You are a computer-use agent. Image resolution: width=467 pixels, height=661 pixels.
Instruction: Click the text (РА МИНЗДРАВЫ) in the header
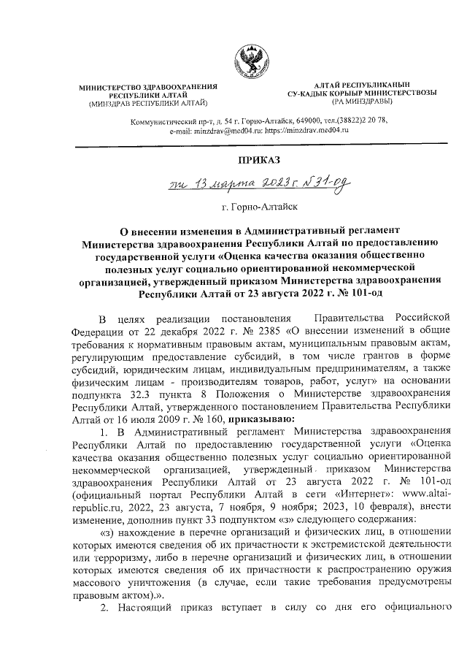pos(363,103)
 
